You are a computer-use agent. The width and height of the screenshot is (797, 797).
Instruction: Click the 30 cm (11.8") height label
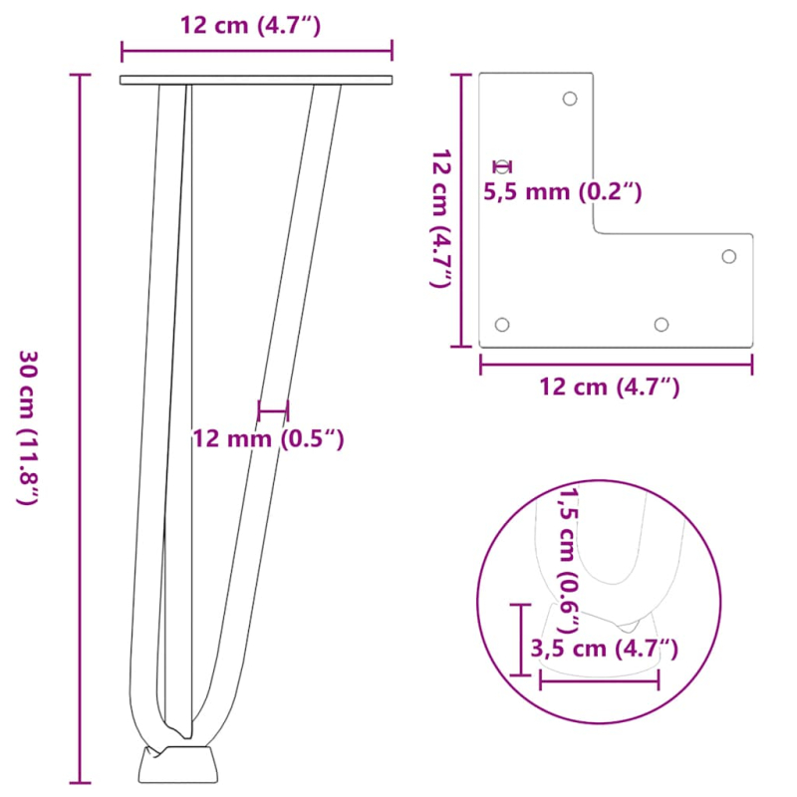pos(29,428)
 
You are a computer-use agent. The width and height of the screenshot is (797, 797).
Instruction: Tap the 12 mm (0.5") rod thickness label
pos(268,438)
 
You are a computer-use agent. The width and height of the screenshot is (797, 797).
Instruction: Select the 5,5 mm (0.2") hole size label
pos(563,191)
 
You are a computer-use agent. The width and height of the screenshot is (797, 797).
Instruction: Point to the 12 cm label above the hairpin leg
pos(250,26)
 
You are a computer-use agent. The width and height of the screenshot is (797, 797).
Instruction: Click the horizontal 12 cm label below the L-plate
pos(610,387)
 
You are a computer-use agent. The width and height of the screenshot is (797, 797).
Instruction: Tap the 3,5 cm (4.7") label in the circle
pos(605,650)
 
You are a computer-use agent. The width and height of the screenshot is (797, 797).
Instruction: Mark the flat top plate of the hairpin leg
pos(256,80)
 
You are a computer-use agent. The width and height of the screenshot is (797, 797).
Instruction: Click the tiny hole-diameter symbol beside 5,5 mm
pos(503,166)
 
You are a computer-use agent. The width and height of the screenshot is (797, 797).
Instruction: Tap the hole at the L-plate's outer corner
pos(502,325)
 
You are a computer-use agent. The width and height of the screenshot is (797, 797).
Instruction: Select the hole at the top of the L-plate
pos(570,99)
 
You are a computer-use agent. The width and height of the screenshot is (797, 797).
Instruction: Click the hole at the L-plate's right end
pos(729,257)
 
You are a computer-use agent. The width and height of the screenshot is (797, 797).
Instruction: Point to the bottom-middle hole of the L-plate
pos(661,325)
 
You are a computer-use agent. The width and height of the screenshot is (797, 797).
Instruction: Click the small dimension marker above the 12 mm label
pos(272,409)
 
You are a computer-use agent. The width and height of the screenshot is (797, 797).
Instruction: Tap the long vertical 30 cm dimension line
pos(79,428)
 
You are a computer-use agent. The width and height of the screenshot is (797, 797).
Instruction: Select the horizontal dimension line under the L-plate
pos(616,365)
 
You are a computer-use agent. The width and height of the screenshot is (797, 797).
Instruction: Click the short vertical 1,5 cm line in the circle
pos(520,639)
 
